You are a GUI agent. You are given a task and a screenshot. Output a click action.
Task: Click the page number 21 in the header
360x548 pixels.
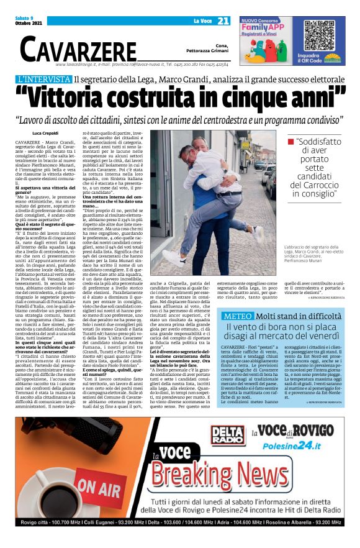pos(223,21)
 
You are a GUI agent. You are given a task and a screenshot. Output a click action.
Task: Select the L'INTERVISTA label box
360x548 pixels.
pos(52,80)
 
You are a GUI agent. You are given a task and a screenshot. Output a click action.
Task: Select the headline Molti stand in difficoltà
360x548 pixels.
pos(298,316)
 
